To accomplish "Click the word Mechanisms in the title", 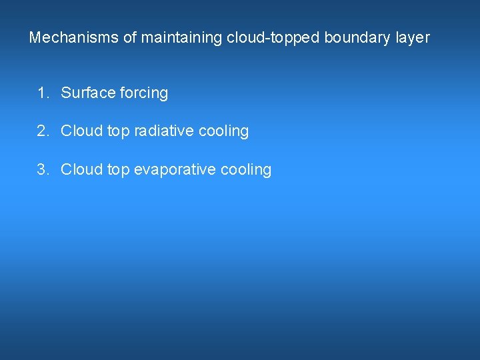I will (x=74, y=38).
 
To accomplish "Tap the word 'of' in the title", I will (x=130, y=38).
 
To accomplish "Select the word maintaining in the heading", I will (x=181, y=38).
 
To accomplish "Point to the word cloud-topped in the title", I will (x=273, y=38).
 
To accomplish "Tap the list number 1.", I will (x=43, y=93).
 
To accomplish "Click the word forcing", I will (x=144, y=93).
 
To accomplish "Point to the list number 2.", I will (x=43, y=131).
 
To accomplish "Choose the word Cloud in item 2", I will (x=81, y=131).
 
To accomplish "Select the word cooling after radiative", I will (x=225, y=131).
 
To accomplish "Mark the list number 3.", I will (x=43, y=169).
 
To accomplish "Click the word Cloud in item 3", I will (x=81, y=169).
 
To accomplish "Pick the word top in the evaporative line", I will (x=118, y=170).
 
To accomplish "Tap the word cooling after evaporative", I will (x=247, y=170).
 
